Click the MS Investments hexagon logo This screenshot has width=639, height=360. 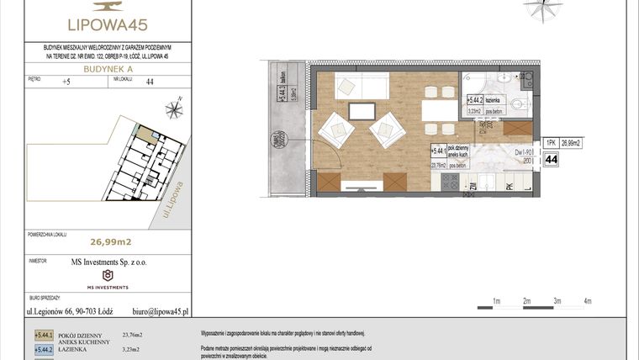tap(107, 275)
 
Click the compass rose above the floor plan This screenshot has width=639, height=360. tap(541, 8)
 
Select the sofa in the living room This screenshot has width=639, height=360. tap(362, 86)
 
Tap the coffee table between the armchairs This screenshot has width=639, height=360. tap(362, 111)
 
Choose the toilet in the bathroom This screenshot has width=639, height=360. tap(519, 106)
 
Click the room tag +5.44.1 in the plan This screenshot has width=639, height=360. tap(436, 151)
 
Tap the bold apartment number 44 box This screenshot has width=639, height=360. tap(551, 160)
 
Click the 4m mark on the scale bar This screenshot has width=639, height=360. tap(588, 300)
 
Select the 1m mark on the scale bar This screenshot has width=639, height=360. tap(496, 300)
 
